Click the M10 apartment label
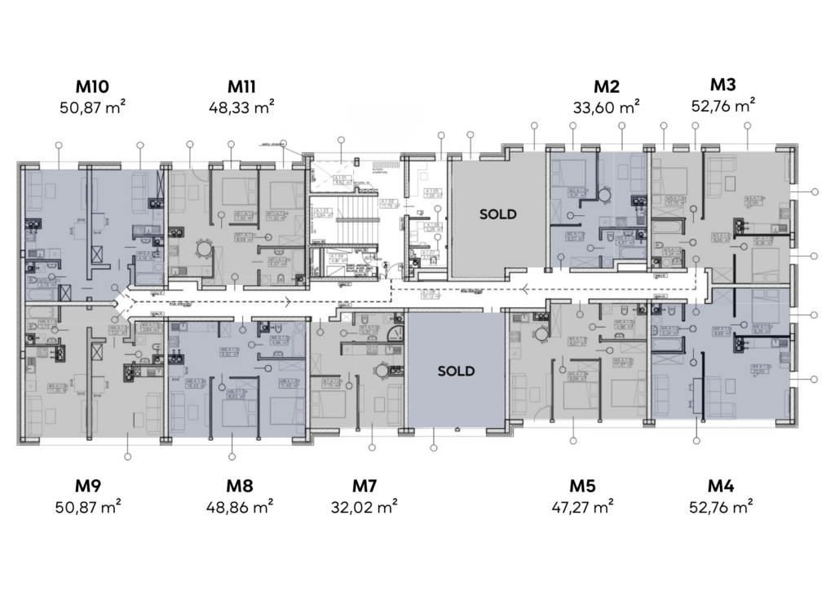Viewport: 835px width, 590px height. (x=92, y=86)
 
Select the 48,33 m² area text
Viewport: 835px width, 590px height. (x=242, y=106)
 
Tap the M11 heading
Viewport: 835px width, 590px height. (x=242, y=86)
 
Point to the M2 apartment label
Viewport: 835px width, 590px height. (x=607, y=86)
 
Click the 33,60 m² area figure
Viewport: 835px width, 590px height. (x=607, y=106)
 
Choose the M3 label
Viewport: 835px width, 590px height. (x=722, y=85)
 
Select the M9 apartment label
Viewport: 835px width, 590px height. (x=92, y=487)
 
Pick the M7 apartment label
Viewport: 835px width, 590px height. (x=364, y=487)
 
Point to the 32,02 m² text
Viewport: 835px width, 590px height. (x=364, y=507)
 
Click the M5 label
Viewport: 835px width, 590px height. (x=582, y=487)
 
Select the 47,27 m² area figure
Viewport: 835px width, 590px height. (x=582, y=507)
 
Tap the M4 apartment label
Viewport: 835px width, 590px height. (x=722, y=487)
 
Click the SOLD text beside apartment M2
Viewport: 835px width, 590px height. (x=497, y=214)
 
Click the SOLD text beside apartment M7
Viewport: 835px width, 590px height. (x=456, y=371)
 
